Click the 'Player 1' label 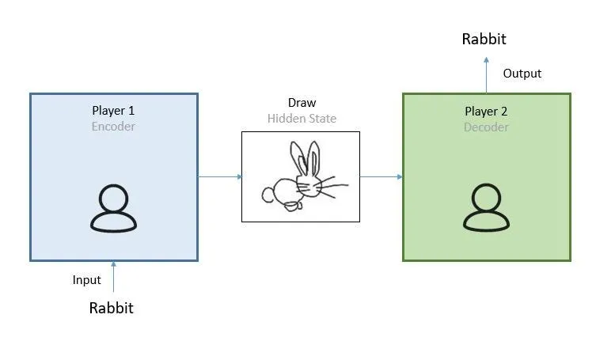click(x=114, y=110)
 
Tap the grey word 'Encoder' click(x=114, y=126)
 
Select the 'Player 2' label click(x=486, y=111)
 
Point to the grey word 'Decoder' click(x=486, y=127)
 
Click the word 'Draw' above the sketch click(x=302, y=104)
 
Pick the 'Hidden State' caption click(x=302, y=119)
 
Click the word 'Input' click(x=87, y=280)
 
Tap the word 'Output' click(x=522, y=74)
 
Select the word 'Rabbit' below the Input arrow click(x=112, y=308)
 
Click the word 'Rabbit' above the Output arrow click(x=484, y=39)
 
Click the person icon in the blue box click(x=113, y=209)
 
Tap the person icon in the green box click(x=486, y=209)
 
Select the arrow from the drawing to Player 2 click(x=381, y=176)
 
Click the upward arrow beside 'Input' click(x=113, y=277)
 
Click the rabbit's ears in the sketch click(x=307, y=158)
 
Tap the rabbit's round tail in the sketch click(x=269, y=192)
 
